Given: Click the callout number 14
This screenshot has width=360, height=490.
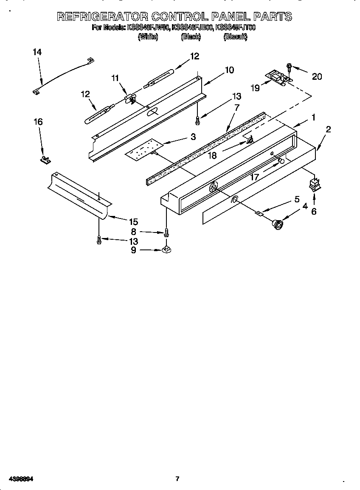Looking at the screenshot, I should point(37,52).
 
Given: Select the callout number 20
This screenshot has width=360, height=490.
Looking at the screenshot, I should point(317,77).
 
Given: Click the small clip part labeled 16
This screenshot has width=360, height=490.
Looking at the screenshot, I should point(45,160).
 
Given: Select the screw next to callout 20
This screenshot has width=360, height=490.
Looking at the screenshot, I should point(289,66).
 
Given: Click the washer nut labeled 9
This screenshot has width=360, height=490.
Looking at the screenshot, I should point(166,250).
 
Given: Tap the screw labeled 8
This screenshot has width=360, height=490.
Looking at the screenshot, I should point(166,232).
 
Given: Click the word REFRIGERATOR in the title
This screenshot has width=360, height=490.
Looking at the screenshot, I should point(102,17).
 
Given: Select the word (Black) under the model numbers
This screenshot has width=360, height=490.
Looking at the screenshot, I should point(191,37).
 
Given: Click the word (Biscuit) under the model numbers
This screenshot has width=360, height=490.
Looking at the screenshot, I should point(235,37).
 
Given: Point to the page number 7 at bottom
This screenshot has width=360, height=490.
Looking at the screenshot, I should point(177,479).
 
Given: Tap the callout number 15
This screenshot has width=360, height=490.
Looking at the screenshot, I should point(133,221).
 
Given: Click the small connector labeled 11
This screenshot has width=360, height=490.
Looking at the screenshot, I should point(130,99).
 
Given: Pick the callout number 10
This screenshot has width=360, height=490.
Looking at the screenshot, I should point(229,70).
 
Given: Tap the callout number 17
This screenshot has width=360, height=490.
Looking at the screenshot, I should point(255,177).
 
